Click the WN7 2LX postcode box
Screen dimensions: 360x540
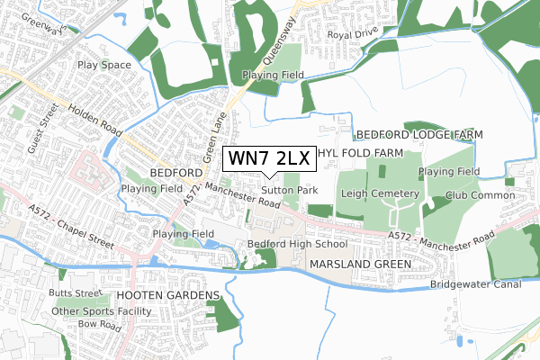pyautogui.click(x=269, y=158)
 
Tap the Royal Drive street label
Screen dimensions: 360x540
pyautogui.click(x=352, y=35)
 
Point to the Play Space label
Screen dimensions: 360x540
pyautogui.click(x=103, y=66)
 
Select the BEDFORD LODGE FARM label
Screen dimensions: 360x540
pyautogui.click(x=418, y=134)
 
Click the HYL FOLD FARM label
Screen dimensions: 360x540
pyautogui.click(x=360, y=154)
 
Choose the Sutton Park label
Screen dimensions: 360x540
pyautogui.click(x=290, y=191)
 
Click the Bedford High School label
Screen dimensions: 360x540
pyautogui.click(x=297, y=244)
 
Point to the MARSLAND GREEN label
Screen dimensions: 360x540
pyautogui.click(x=359, y=265)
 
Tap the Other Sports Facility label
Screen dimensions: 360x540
pyautogui.click(x=103, y=311)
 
